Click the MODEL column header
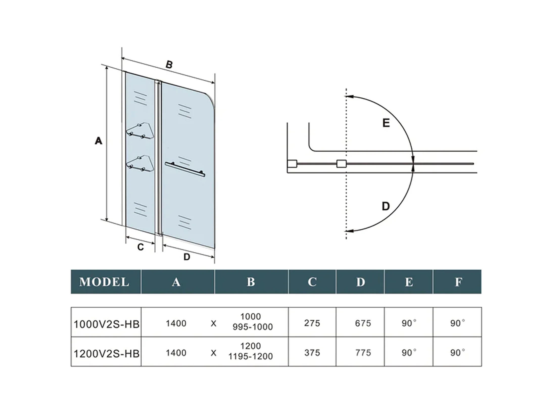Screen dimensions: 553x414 (104, 282)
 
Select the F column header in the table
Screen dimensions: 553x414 (459, 282)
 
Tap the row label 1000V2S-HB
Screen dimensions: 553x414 (106, 324)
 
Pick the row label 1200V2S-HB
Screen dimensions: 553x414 (106, 354)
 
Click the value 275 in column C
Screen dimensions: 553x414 (312, 323)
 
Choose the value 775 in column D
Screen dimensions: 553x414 (363, 353)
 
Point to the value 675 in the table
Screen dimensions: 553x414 (363, 323)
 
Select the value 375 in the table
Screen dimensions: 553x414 (312, 353)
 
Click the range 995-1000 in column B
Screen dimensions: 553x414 (253, 327)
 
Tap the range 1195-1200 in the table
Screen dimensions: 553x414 (251, 356)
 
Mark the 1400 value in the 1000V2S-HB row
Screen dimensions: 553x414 (176, 323)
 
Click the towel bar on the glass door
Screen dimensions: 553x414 (185, 169)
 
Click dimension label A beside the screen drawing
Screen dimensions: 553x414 (98, 141)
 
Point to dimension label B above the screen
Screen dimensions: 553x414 (169, 65)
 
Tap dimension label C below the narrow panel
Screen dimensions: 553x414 (140, 247)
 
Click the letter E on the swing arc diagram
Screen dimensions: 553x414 (386, 123)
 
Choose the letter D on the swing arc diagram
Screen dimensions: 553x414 (386, 206)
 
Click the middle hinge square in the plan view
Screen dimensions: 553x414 (341, 164)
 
